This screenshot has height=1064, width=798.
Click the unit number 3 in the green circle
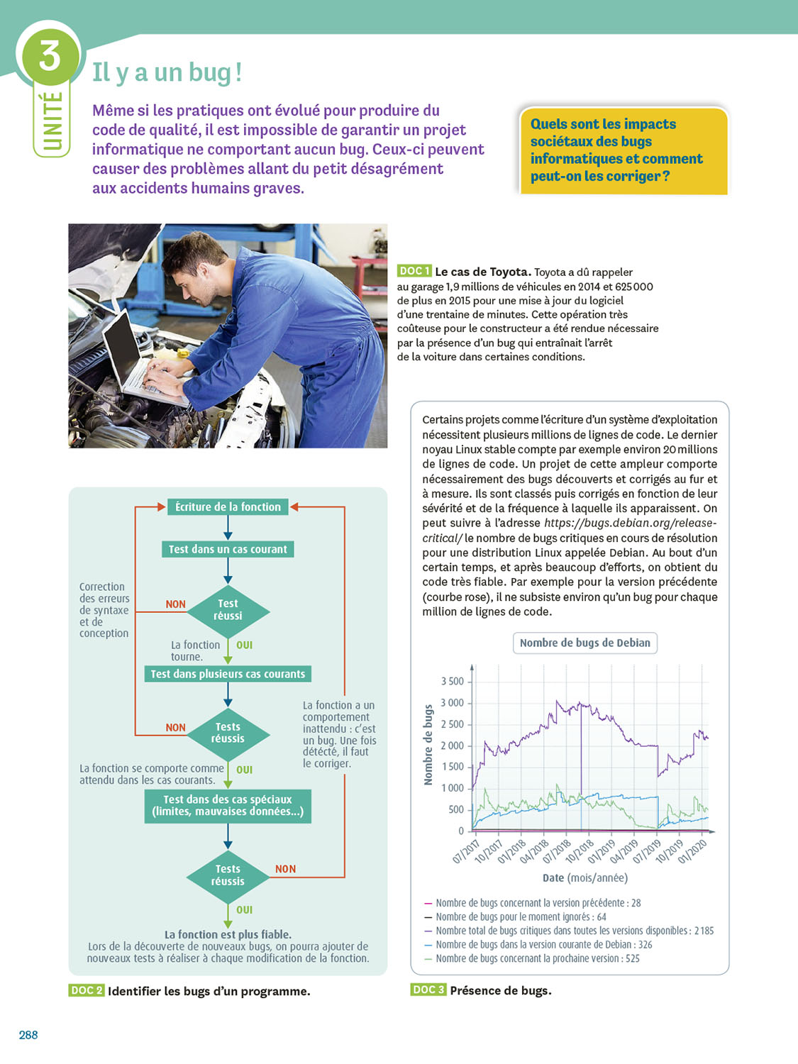click(50, 55)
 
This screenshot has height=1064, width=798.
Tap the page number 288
click(28, 1035)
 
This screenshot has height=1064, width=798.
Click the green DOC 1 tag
click(414, 271)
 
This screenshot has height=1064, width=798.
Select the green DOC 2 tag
click(87, 990)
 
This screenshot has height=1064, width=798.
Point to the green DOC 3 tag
click(428, 990)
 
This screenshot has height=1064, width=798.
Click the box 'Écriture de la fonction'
click(228, 506)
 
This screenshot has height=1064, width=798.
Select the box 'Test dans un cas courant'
click(228, 549)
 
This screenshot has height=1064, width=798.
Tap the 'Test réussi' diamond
click(228, 610)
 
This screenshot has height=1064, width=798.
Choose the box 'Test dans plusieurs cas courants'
click(228, 674)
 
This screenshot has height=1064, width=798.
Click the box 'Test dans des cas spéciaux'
click(228, 806)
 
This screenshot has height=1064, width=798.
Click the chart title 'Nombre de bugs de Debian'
click(584, 643)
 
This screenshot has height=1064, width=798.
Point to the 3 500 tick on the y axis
click(452, 682)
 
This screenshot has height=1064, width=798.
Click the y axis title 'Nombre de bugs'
click(428, 745)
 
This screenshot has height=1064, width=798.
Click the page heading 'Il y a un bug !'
click(167, 72)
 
